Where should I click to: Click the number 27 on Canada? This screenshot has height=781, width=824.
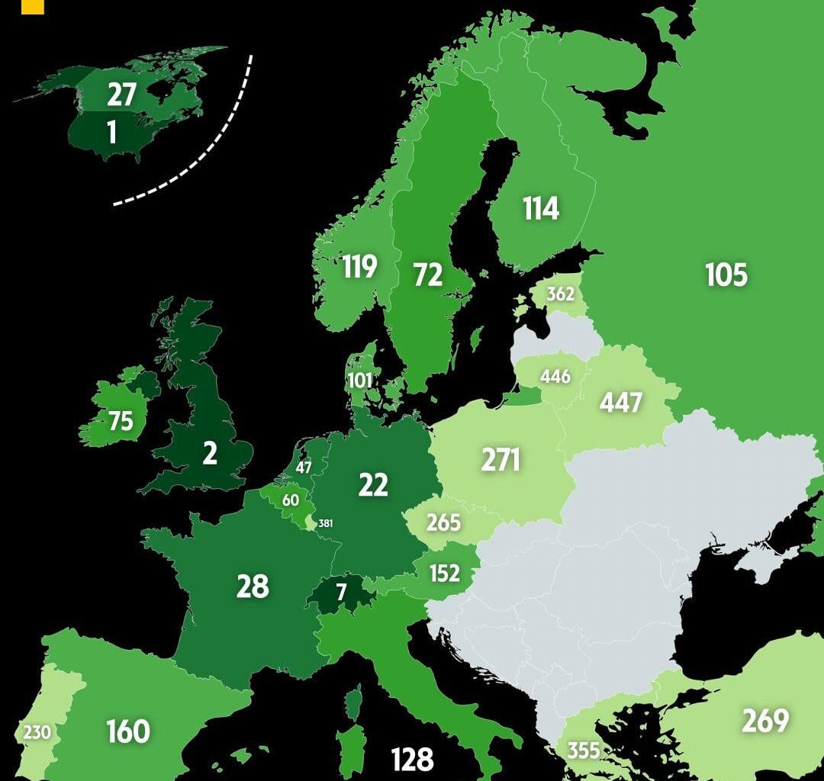click(121, 95)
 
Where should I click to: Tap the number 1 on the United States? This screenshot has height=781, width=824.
click(112, 133)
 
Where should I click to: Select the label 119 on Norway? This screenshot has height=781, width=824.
click(359, 267)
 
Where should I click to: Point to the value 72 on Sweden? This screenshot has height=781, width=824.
click(427, 275)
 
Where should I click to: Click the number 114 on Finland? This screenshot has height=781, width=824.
click(541, 208)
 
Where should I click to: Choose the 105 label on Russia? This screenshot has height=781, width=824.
click(726, 275)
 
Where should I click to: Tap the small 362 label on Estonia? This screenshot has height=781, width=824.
click(561, 294)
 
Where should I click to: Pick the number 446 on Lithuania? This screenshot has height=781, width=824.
click(555, 377)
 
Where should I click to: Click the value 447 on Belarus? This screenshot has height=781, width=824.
click(620, 403)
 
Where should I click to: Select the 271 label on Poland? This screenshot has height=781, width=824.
click(501, 460)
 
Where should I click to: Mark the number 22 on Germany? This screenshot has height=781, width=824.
click(373, 485)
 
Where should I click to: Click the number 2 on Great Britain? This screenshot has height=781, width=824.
click(209, 454)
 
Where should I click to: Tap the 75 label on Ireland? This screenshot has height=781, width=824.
click(121, 421)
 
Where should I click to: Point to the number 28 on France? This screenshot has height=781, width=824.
click(253, 587)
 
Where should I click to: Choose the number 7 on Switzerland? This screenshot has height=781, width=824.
click(341, 591)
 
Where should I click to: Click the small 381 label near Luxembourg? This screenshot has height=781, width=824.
click(326, 523)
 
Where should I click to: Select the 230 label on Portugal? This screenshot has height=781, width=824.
click(36, 733)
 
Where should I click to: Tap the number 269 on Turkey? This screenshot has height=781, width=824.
click(764, 721)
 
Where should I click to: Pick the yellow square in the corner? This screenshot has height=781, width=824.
click(32, 7)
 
